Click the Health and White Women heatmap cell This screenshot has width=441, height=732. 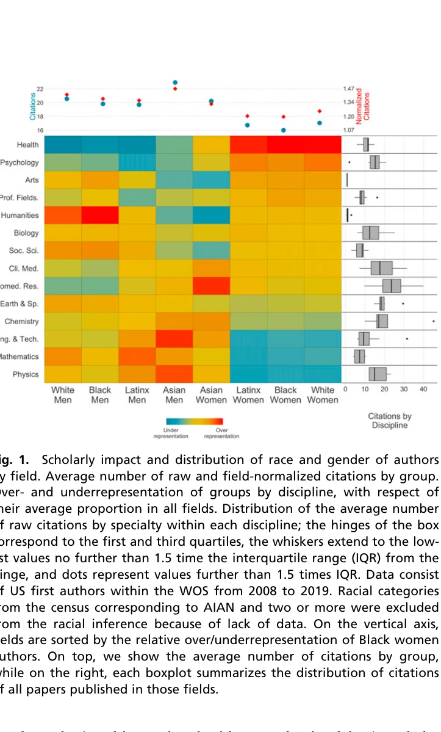[323, 145]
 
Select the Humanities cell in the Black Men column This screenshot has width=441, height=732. [100, 215]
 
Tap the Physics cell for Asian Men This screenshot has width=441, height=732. [174, 374]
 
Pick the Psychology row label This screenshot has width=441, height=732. [20, 162]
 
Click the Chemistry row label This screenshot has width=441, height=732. [21, 321]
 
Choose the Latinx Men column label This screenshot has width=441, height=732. [137, 395]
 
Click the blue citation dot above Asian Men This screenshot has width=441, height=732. [175, 82]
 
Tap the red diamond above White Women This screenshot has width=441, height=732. [323, 111]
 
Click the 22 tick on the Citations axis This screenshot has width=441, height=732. [40, 89]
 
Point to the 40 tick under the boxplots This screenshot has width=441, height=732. [423, 389]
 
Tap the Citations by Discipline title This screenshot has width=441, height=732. [390, 421]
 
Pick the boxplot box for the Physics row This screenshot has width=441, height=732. [378, 374]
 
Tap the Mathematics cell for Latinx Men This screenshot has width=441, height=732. [137, 357]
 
